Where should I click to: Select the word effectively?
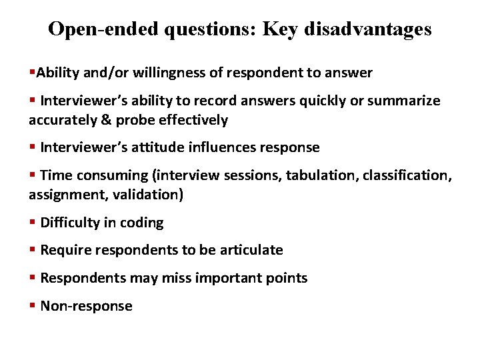click(191, 120)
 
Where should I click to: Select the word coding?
click(142, 223)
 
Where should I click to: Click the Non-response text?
click(87, 306)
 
